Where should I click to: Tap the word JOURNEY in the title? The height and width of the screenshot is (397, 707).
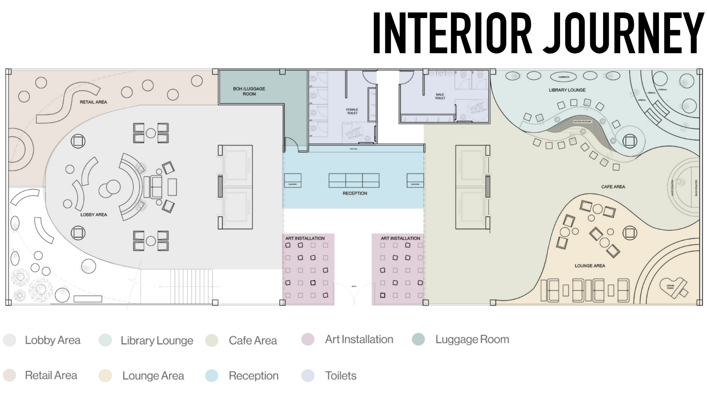[623, 33]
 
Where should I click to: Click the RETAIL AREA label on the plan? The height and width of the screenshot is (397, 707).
[93, 102]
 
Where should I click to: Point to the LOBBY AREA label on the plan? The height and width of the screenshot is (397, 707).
[94, 215]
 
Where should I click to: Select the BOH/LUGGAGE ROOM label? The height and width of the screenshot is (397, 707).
[249, 91]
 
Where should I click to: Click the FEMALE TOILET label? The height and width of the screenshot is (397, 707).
[352, 111]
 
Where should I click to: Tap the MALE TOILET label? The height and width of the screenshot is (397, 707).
[440, 96]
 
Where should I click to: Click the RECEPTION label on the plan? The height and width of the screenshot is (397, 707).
[355, 194]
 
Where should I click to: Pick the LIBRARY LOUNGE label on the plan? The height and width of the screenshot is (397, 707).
[567, 90]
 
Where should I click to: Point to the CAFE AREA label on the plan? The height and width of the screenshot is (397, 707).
[613, 187]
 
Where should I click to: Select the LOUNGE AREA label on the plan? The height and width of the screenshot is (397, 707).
[590, 266]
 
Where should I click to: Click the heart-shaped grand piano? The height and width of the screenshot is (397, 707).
[675, 287]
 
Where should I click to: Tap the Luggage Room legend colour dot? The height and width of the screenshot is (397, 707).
[418, 339]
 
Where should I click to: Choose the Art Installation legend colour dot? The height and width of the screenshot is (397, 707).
[308, 339]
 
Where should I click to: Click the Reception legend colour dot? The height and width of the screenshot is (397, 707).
[212, 376]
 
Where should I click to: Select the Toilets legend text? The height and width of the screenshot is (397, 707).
[341, 376]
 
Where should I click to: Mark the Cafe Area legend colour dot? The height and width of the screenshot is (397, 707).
[212, 340]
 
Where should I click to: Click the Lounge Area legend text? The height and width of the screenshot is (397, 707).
[153, 376]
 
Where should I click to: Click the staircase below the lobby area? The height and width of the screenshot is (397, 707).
[191, 286]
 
